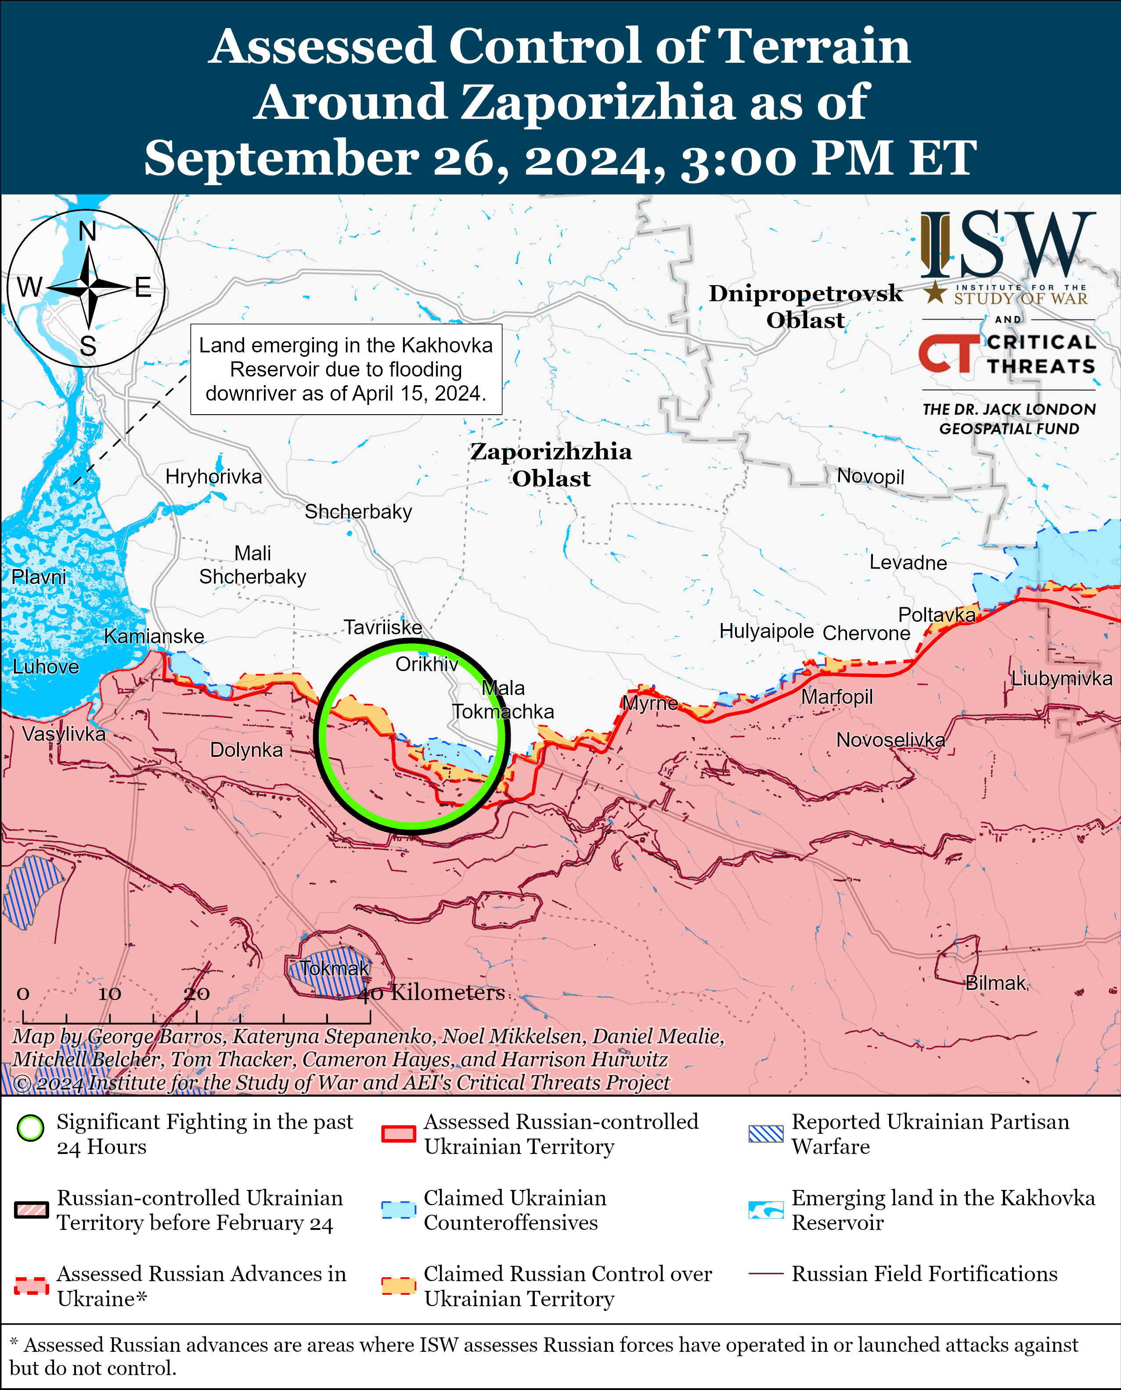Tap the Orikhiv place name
(427, 664)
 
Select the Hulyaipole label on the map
(767, 631)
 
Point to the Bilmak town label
(995, 983)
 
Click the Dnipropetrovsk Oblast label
(805, 307)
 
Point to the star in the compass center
(88, 287)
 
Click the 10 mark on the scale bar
(109, 994)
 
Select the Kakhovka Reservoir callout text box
(346, 369)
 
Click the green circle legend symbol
(30, 1128)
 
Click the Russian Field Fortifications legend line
(765, 1274)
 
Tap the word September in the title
(281, 158)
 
